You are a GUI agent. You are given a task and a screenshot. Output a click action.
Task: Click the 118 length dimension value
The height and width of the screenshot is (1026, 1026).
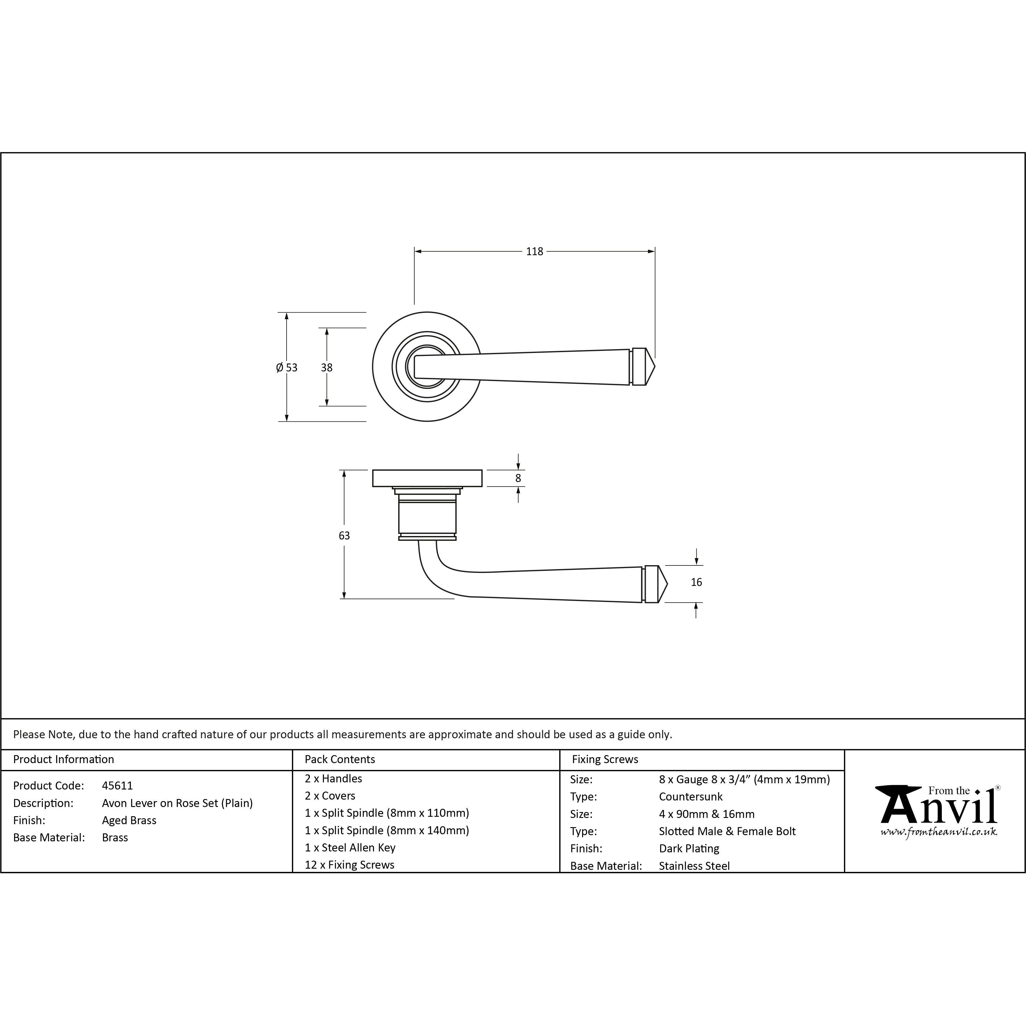534,252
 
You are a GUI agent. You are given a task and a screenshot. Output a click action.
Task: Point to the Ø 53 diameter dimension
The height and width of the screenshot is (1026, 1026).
287,367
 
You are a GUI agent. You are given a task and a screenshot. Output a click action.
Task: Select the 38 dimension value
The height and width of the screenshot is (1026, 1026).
327,367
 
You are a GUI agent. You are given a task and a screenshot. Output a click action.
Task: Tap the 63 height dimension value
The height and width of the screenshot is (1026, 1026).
344,536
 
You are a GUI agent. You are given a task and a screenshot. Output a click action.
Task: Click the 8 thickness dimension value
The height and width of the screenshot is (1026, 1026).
518,478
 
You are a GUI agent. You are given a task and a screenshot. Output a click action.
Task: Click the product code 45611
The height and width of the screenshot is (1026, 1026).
117,785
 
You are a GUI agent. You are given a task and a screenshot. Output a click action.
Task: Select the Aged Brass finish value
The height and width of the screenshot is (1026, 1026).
129,821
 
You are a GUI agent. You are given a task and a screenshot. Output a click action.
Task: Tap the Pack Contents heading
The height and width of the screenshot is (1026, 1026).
340,759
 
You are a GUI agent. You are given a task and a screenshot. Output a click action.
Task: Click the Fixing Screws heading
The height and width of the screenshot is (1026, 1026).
605,759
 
